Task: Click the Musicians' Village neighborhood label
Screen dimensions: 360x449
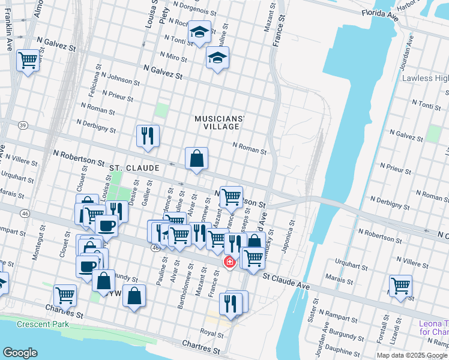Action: [217, 122]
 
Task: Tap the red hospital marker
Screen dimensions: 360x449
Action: [229, 262]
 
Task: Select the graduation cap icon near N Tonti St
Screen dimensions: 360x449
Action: [199, 32]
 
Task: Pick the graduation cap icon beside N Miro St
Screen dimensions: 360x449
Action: [217, 58]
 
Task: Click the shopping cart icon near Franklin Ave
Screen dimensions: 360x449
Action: [28, 60]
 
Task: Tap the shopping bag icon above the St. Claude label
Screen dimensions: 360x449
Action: [196, 159]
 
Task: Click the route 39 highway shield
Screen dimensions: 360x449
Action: [23, 125]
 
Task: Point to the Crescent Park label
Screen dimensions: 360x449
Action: [43, 325]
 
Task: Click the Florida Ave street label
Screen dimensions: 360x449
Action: [380, 13]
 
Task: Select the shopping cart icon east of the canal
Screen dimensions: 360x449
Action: [400, 285]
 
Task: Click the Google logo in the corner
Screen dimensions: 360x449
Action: [20, 353]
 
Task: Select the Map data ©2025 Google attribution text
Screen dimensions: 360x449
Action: [412, 355]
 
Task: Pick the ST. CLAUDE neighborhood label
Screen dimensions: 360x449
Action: [134, 169]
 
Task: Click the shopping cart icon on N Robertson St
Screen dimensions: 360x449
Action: [231, 196]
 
